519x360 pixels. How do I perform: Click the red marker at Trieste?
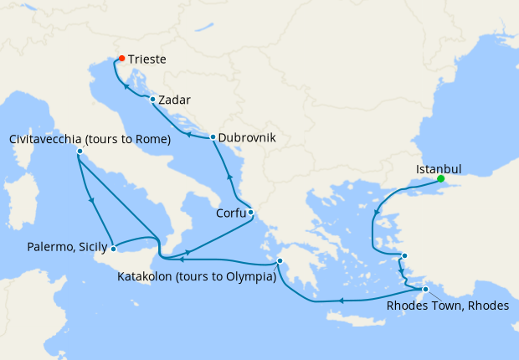[x=121, y=59]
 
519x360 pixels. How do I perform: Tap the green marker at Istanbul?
[x=440, y=178]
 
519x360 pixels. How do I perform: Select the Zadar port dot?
[x=152, y=99]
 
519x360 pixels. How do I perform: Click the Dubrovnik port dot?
[x=213, y=137]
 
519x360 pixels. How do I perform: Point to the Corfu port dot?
[x=250, y=212]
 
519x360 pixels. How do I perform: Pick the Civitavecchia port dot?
[x=80, y=152]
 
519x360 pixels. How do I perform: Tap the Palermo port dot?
[x=113, y=248]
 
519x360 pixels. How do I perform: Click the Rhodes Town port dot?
[x=425, y=290]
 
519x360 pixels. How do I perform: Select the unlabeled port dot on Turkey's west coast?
[x=404, y=256]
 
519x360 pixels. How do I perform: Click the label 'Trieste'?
[x=147, y=60]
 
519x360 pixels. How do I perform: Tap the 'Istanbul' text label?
[x=439, y=168]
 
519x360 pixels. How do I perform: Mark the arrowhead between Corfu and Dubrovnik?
[x=229, y=177]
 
